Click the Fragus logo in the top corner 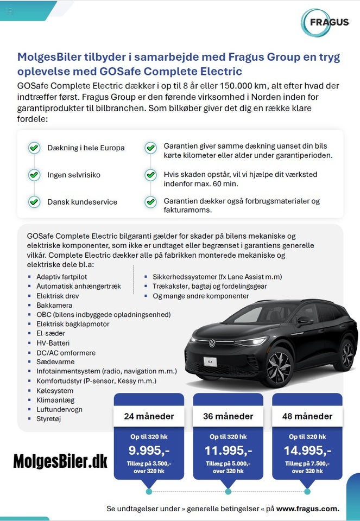tap(325, 23)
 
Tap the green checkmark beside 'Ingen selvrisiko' tap(34, 175)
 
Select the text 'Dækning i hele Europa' tap(86, 148)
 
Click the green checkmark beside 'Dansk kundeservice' tap(34, 202)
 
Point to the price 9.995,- tap(149, 450)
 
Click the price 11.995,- tap(228, 450)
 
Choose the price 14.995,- tap(307, 450)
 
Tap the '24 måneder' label tap(149, 416)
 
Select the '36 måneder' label tap(228, 416)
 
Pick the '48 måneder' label tap(307, 416)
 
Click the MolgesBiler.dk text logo tap(60, 461)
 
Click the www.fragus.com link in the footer tap(307, 509)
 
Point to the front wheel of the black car tap(279, 367)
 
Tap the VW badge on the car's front tap(212, 344)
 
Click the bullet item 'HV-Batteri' tap(53, 343)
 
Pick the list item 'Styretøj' tap(52, 419)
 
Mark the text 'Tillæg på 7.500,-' tap(307, 463)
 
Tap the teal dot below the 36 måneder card tap(228, 491)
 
